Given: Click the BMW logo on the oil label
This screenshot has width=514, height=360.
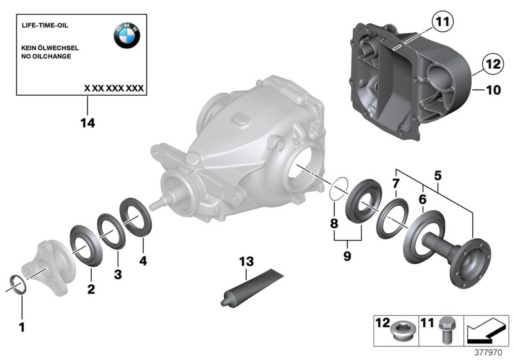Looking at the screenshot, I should tap(127, 36).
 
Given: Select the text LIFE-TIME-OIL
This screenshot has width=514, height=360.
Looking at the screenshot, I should tap(45, 25).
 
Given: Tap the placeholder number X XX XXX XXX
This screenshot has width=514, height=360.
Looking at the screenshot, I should tap(114, 87).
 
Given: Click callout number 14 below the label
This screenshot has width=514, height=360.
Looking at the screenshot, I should tap(87, 122).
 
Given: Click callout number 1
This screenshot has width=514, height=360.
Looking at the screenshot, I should tap(22, 327).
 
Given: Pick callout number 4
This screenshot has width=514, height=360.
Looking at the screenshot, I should tap(143, 261).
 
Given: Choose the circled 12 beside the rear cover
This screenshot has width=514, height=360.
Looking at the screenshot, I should tap(492, 65).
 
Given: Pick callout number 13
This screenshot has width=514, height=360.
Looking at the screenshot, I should tap(247, 262).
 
